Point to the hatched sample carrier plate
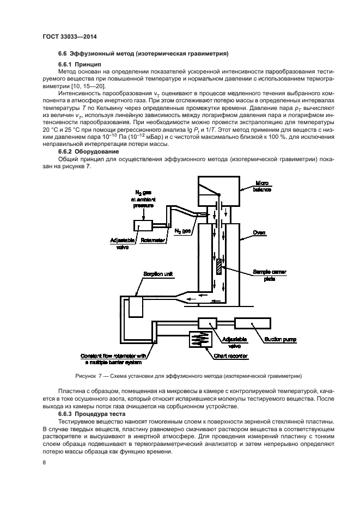[219, 266]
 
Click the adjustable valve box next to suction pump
[208, 323]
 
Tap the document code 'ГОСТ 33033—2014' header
[73, 37]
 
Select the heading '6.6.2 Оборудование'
[81, 151]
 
